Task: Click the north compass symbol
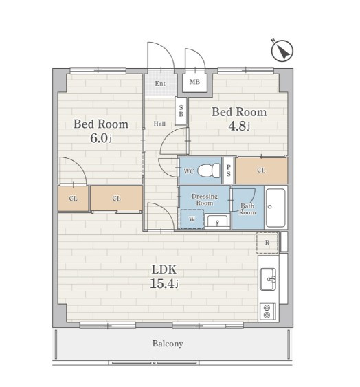[282, 51]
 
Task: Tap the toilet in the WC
[209, 170]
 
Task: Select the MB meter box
[194, 82]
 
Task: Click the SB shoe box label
[181, 111]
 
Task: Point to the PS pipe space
[229, 170]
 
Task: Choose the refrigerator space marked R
[267, 243]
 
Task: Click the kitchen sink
[268, 279]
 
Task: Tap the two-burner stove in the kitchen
[267, 311]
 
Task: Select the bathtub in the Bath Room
[276, 208]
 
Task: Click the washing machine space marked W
[192, 219]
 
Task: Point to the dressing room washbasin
[217, 221]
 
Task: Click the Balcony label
[168, 344]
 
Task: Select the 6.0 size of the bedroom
[99, 138]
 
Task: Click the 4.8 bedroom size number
[238, 126]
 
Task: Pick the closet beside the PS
[262, 170]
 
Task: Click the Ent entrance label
[160, 84]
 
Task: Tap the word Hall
[159, 124]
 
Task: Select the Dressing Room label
[205, 199]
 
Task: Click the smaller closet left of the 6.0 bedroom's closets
[74, 199]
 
